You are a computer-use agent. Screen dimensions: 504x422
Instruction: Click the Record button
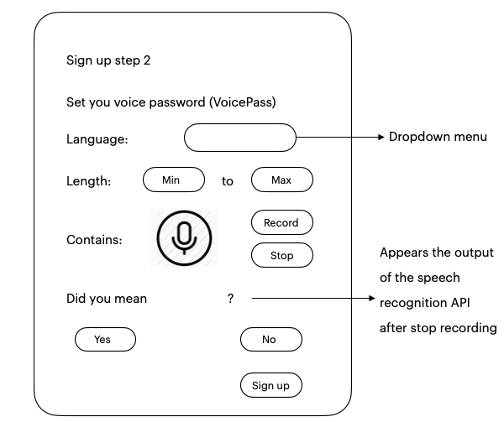[282, 222]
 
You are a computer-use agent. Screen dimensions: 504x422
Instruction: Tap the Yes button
[105, 339]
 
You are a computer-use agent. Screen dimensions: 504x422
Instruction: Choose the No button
[271, 339]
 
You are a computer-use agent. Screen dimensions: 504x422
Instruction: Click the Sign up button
[271, 385]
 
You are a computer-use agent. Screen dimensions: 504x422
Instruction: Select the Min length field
[174, 180]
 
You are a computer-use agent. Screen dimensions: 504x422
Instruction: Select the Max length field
[282, 180]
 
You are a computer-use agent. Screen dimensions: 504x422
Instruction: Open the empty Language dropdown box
[239, 138]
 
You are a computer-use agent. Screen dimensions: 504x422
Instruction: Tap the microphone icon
[184, 238]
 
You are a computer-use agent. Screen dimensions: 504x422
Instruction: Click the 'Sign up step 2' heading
[108, 60]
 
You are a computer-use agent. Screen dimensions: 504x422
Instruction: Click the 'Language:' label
[97, 139]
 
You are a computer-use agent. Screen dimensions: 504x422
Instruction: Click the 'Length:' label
[89, 181]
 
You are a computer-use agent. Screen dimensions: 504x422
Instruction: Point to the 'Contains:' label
[94, 240]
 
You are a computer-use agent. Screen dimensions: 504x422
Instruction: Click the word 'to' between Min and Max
[228, 181]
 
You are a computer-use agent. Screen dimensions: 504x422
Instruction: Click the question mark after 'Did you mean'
[230, 299]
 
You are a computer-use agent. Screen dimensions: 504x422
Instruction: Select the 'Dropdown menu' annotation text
[438, 137]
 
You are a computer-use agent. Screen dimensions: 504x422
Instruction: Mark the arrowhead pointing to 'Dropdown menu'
[381, 138]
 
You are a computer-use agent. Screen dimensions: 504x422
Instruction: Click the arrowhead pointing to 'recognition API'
[372, 298]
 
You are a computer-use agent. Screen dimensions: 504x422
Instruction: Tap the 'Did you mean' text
[107, 299]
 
